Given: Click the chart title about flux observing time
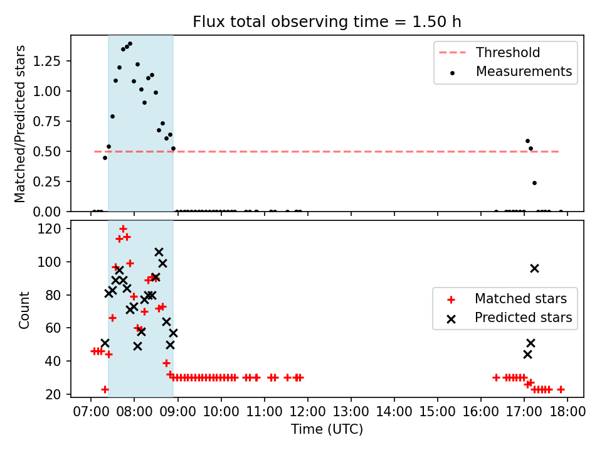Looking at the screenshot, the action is (x=327, y=22).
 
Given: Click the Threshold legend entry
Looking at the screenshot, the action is (x=489, y=52).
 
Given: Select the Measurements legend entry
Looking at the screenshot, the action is (x=511, y=72).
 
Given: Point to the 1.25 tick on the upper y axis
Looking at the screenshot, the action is (x=47, y=61).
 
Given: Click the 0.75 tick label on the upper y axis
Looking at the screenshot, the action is (x=47, y=121).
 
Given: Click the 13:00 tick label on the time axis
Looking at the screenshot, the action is (x=351, y=412).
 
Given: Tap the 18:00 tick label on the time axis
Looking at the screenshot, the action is (x=568, y=412).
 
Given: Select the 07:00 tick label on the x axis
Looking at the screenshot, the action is (x=90, y=412).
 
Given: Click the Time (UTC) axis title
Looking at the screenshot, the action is (x=327, y=429).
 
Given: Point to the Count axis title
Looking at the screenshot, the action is (x=24, y=309).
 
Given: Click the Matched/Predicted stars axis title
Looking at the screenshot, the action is (x=20, y=124).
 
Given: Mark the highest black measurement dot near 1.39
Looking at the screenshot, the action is (x=130, y=44).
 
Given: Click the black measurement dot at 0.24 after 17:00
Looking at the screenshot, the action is (x=534, y=183).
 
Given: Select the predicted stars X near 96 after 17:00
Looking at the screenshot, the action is (x=534, y=269).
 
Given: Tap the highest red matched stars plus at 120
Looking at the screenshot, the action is (x=123, y=229).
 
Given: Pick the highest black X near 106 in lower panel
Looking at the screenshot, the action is (x=159, y=252).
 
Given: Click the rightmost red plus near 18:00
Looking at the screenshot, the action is (x=561, y=389).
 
